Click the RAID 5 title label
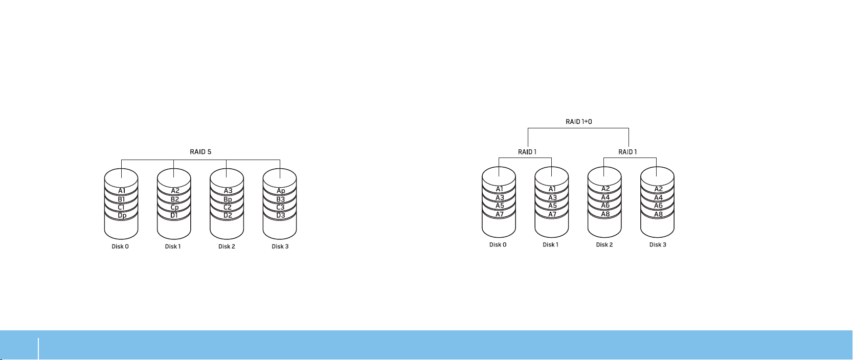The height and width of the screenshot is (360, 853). tap(200, 152)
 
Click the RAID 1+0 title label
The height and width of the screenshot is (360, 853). tap(578, 122)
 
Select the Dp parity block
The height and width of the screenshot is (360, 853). tap(121, 216)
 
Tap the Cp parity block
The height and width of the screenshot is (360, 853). tap(174, 208)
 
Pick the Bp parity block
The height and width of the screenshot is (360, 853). tap(228, 199)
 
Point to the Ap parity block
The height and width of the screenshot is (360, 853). tap(280, 191)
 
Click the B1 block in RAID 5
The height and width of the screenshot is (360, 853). tap(121, 199)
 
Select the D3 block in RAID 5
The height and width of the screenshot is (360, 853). tap(280, 216)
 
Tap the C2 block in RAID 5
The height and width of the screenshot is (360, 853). tap(228, 208)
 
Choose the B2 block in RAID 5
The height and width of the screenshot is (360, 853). tap(174, 199)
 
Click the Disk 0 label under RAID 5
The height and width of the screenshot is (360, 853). tap(120, 246)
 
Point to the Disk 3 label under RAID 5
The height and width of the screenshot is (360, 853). tap(280, 246)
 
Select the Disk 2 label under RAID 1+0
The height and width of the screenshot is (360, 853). tap(604, 245)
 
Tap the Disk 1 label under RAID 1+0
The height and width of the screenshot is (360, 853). tap(551, 245)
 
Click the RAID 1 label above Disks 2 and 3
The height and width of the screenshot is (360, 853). tap(627, 152)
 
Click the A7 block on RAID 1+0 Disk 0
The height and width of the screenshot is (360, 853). tap(499, 214)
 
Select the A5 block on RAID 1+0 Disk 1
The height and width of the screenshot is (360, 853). tap(552, 206)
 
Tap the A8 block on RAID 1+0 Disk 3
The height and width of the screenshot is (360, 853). tap(658, 214)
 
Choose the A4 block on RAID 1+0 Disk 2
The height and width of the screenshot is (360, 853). tap(605, 197)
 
